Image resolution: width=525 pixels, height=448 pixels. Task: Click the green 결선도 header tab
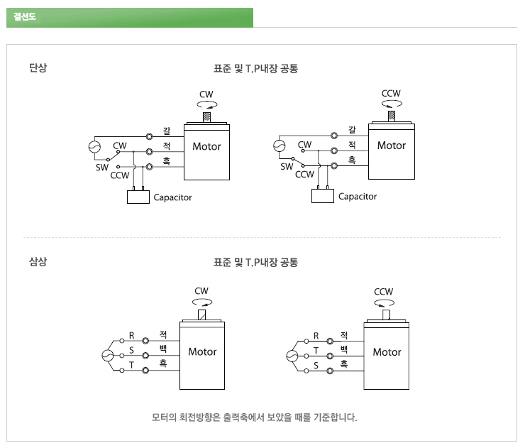coord(129,17)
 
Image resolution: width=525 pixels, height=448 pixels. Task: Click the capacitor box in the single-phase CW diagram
coord(138,197)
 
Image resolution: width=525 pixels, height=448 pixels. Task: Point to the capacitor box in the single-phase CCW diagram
coord(323,197)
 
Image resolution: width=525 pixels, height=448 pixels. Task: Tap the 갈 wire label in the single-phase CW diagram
coord(166,130)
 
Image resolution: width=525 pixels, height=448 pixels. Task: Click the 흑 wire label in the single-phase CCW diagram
coord(351,160)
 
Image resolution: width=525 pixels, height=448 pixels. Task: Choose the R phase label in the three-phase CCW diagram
coord(316,336)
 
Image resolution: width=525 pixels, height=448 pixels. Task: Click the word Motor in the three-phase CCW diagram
coord(387,352)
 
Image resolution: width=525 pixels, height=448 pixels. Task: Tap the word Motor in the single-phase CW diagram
coord(206,147)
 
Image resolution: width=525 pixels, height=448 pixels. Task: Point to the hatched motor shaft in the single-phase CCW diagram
coord(391,115)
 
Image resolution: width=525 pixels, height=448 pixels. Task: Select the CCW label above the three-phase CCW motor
coord(384,291)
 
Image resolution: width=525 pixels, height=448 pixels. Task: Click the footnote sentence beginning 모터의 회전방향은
coord(255,416)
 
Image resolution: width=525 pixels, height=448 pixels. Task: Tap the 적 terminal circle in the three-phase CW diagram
coord(145,339)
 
